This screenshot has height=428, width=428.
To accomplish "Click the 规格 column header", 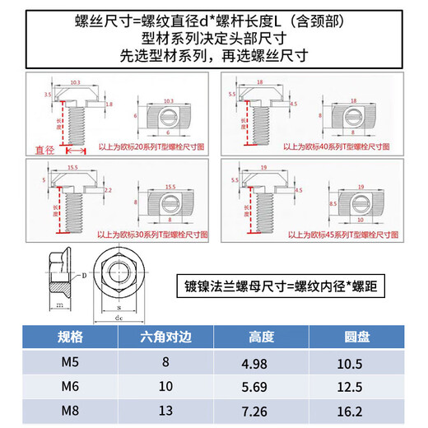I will point(71,337).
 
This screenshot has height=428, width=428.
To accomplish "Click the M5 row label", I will point(71,362).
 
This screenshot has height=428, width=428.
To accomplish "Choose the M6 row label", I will point(71,386).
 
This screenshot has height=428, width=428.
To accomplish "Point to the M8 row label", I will point(71,410).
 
